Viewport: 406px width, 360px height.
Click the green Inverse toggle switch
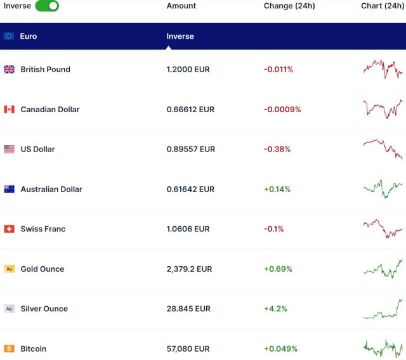pos(47,6)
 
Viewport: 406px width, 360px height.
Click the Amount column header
pos(181,6)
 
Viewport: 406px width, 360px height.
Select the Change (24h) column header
pos(289,6)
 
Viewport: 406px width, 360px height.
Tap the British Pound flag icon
pos(10,69)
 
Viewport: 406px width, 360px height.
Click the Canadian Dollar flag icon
pos(10,109)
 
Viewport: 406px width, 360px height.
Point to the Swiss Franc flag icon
pos(10,229)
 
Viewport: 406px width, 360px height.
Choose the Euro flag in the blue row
pos(9,36)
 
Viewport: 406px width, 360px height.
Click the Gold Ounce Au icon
pos(10,269)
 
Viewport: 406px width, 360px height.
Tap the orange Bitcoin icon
pos(10,349)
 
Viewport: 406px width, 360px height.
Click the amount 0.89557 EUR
pos(190,149)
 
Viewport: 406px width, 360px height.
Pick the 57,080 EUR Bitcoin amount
pos(188,349)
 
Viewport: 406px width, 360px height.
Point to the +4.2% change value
pos(275,309)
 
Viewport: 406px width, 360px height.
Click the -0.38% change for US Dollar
pos(277,149)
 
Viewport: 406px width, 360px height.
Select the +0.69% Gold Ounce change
pos(278,269)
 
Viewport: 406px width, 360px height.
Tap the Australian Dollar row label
pos(51,189)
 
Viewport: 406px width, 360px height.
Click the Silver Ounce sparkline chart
pos(384,309)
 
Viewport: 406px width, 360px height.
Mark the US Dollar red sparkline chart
pos(383,149)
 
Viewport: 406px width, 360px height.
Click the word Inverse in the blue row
pos(180,36)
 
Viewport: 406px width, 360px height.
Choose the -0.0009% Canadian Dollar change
pos(282,109)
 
